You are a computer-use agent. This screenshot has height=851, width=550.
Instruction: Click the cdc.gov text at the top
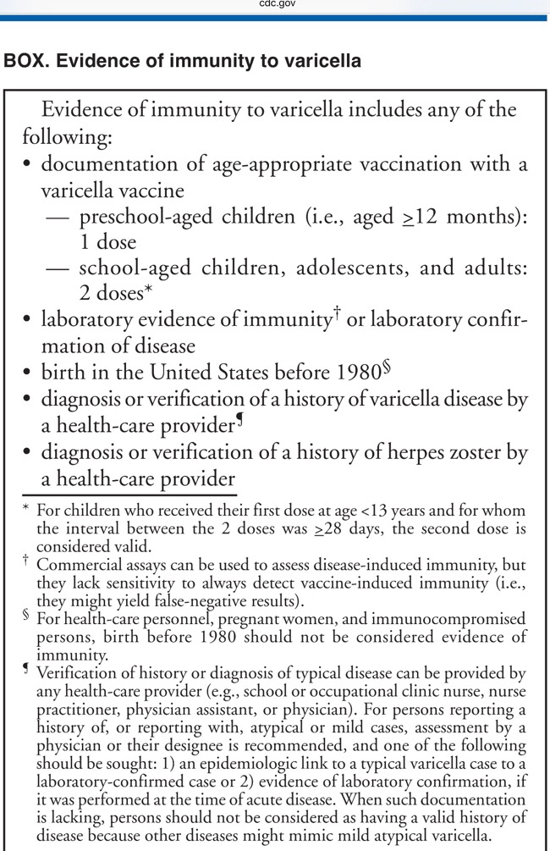[x=274, y=5]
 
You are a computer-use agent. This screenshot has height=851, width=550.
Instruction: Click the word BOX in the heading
[x=24, y=61]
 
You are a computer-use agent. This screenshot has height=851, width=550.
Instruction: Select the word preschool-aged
[x=136, y=216]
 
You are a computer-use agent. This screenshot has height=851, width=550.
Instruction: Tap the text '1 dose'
[x=107, y=242]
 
